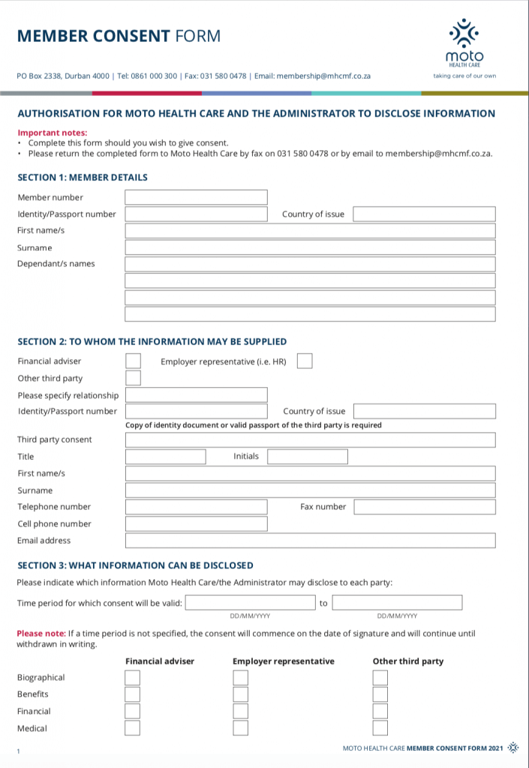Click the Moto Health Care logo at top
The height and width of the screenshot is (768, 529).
tap(464, 42)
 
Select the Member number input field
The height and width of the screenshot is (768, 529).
tap(196, 197)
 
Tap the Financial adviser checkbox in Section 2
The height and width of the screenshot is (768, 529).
tap(133, 361)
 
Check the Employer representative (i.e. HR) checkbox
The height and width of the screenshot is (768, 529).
tap(305, 361)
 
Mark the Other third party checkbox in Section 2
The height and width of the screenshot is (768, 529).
tap(133, 378)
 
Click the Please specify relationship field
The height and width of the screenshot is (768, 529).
tap(196, 394)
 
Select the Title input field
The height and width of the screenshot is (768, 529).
tap(165, 456)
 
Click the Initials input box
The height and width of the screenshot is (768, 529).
tap(308, 456)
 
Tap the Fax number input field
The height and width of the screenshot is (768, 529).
tap(425, 507)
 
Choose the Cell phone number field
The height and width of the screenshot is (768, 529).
tap(196, 523)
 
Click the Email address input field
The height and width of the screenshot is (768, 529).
tap(310, 540)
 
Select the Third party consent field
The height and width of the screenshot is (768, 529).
tap(310, 439)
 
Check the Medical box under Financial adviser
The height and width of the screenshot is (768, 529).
tap(132, 727)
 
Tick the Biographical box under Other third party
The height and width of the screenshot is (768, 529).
tap(380, 678)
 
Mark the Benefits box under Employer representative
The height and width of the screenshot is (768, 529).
tap(240, 694)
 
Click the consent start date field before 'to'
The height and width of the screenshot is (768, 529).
tap(250, 602)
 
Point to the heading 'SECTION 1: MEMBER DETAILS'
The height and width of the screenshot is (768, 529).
tap(83, 178)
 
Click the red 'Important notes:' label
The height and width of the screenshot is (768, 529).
tap(47, 133)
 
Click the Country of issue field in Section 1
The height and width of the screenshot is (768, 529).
tap(424, 214)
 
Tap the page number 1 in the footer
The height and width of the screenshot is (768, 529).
tap(18, 751)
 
